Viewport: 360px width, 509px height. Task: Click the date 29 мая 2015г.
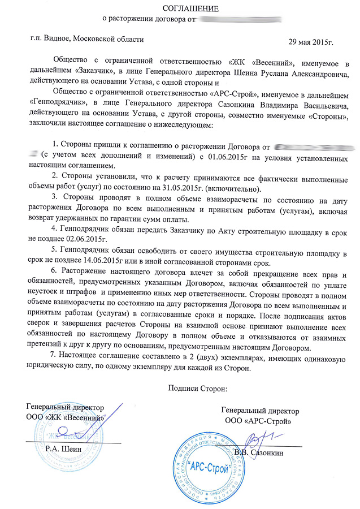[311, 43]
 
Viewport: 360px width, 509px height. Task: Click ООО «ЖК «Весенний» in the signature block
[67, 417]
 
